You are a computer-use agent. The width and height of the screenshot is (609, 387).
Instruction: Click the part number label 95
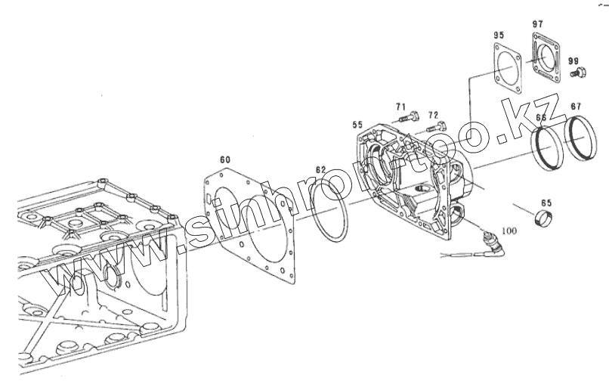pos(499,36)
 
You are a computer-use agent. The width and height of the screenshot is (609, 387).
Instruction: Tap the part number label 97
pos(537,24)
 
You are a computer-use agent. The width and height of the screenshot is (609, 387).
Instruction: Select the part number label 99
pos(573,60)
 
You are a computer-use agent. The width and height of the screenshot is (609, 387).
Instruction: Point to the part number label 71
pos(400,107)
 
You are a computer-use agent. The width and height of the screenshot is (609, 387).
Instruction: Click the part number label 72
pos(433,114)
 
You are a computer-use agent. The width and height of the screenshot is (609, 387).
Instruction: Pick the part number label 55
pos(357,124)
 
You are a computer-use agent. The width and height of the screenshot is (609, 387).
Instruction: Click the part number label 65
pos(546,203)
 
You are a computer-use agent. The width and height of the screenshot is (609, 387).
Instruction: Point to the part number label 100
pos(509,230)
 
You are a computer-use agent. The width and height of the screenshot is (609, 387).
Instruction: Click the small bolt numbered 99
pos(578,73)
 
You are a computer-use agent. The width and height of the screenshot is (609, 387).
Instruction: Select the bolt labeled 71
pos(407,118)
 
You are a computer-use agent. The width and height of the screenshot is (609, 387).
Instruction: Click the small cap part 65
pos(542,218)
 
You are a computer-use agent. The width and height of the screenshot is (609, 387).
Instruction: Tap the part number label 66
pos(542,117)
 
